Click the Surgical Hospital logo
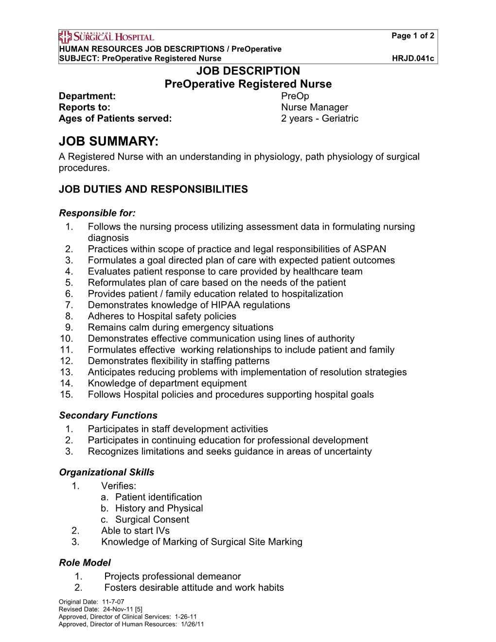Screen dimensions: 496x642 coord(106,36)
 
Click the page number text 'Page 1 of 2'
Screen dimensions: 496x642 coord(413,36)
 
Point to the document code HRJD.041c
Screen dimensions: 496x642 coord(413,58)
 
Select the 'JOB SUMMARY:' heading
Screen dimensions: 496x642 coord(108,142)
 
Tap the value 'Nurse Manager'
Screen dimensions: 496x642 coord(315,107)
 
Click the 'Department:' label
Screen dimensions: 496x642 coord(87,96)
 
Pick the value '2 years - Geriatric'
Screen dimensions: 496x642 coord(319,118)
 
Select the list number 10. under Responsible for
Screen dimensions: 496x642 coord(67,339)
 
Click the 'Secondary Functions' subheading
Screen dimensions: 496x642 coord(108,415)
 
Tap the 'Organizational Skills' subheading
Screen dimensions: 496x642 coord(106,472)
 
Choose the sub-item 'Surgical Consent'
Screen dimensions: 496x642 coord(152,519)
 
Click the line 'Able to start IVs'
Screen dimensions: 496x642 coord(135,531)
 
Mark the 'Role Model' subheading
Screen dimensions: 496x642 coord(85,563)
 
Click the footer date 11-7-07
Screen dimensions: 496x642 coord(113,602)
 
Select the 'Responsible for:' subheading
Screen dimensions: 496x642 coord(97,213)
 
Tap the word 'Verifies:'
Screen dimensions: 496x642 coord(119,486)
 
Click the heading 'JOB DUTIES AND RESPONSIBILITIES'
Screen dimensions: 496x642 coord(153,189)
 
